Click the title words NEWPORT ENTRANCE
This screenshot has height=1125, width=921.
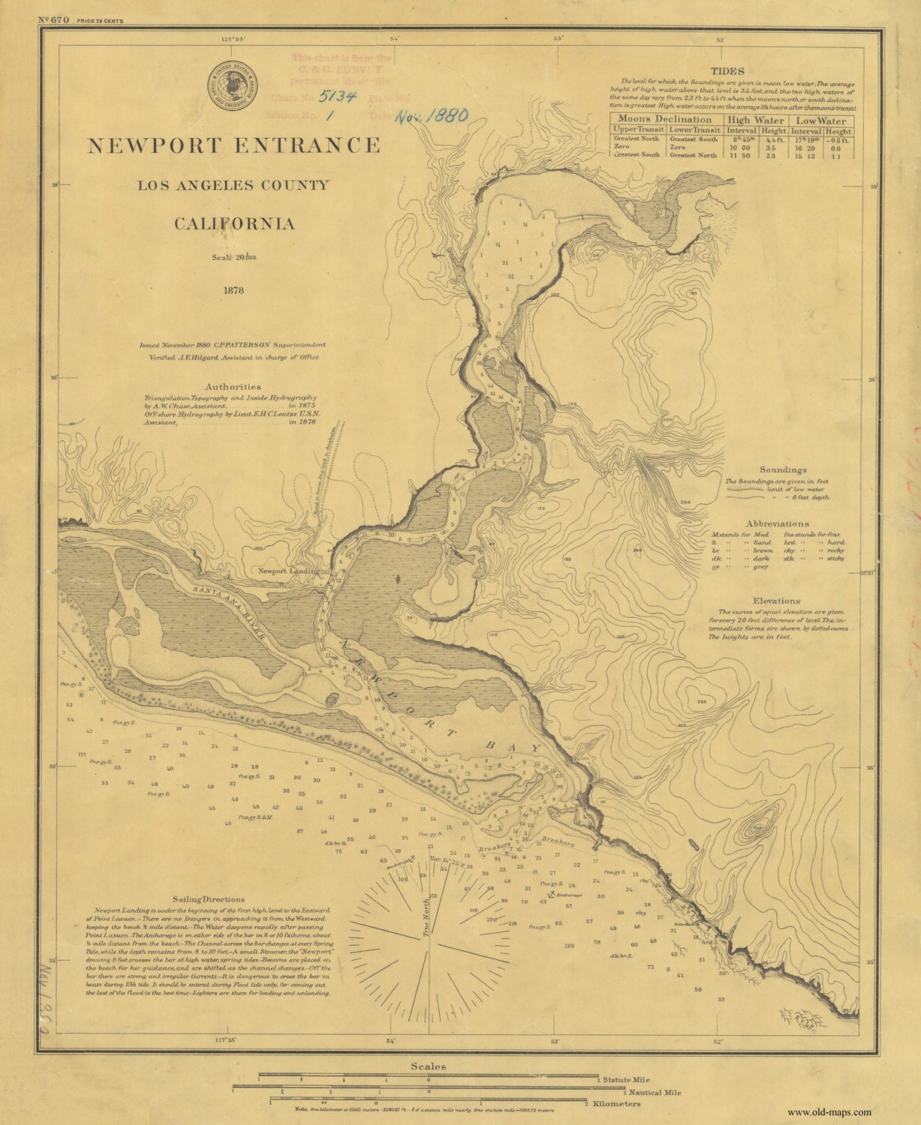[234, 145]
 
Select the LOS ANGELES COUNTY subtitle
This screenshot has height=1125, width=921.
[233, 185]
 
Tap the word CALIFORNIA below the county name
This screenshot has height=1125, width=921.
[234, 224]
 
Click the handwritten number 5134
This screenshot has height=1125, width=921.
[337, 96]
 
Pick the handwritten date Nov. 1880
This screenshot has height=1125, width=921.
[431, 115]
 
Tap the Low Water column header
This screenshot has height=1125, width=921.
[821, 120]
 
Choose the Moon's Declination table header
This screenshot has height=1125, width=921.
[665, 119]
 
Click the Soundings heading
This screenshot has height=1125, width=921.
[783, 469]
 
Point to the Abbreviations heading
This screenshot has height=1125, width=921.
[778, 523]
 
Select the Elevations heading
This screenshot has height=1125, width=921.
[778, 601]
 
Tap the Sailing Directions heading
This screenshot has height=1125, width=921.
[208, 899]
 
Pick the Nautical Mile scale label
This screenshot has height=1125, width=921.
[655, 1093]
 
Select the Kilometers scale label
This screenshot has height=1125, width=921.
[616, 1104]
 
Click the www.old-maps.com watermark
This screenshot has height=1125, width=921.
[829, 1112]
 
